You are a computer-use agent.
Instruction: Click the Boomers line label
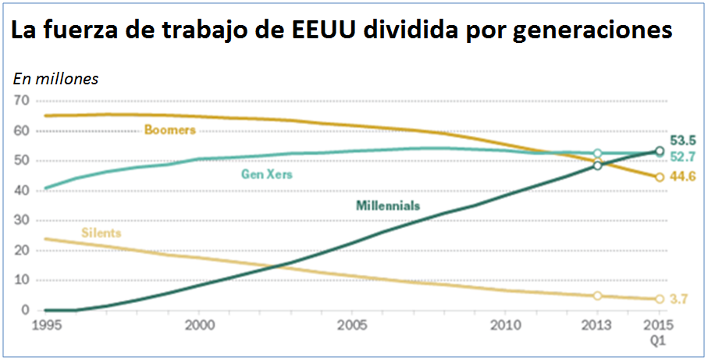(169, 130)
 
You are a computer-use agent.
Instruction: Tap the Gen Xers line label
(266, 174)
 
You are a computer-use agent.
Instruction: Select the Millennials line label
(388, 206)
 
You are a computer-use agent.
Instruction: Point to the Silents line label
(101, 233)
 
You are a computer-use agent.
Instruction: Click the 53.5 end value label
(683, 141)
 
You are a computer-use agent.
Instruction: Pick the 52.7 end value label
(683, 157)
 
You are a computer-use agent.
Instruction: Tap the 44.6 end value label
(683, 176)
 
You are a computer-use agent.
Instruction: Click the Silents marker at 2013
(598, 296)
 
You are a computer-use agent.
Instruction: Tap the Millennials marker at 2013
(598, 166)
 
